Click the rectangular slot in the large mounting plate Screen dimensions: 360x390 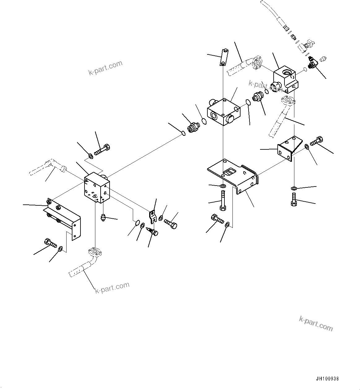(230, 172)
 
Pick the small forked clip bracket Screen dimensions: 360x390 (152, 217)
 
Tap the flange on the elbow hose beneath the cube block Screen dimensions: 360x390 (95, 252)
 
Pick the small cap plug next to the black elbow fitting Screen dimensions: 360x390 (324, 58)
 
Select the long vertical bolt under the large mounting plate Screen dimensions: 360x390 (223, 200)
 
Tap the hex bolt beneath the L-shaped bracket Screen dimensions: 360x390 (50, 243)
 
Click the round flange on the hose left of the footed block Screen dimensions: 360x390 (257, 63)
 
